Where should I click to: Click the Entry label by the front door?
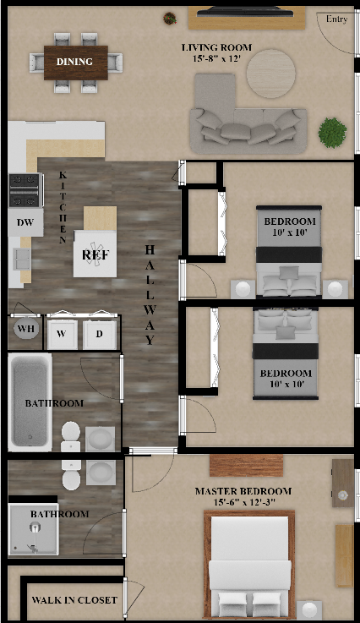(336, 19)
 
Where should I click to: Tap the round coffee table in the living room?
(271, 74)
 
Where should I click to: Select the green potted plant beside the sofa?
(333, 133)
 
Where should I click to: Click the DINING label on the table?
(74, 62)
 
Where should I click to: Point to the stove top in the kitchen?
(25, 190)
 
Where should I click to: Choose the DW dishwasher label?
(25, 222)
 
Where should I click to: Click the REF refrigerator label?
(95, 254)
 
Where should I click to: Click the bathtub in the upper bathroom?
(30, 402)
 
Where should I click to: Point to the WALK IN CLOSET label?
(74, 600)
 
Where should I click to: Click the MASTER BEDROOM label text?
(243, 491)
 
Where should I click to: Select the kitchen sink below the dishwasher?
(21, 259)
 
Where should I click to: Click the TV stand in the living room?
(247, 18)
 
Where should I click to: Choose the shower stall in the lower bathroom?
(33, 529)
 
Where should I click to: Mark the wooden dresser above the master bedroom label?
(247, 465)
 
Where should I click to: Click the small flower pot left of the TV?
(170, 18)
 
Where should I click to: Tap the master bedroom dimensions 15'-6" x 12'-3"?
(244, 503)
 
